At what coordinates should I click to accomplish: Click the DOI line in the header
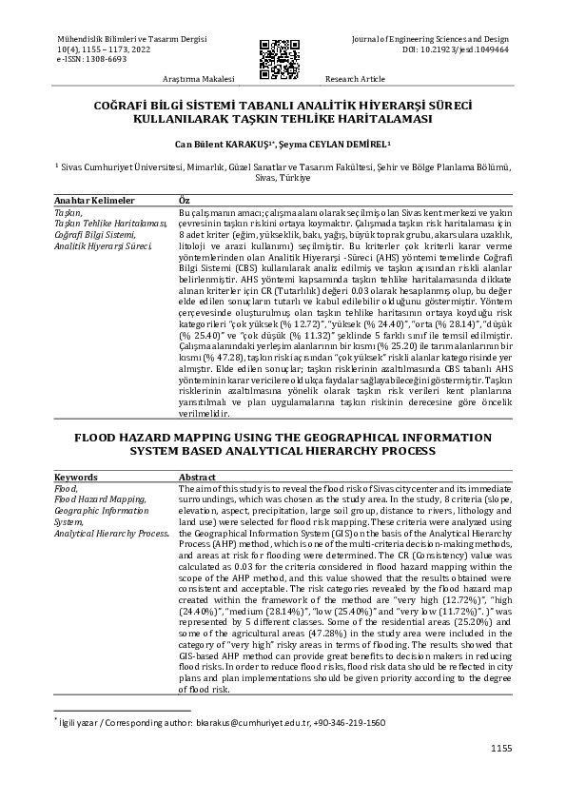coord(456,48)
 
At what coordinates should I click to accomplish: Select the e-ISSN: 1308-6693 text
coord(92,58)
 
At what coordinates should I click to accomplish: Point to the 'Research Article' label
coord(355,79)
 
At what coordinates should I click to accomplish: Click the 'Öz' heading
coord(185,201)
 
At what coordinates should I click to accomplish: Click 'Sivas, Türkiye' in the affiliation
coord(283,177)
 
